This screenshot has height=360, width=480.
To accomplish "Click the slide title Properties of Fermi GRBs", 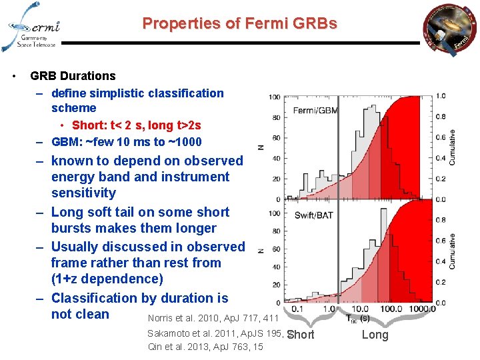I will [x=240, y=24].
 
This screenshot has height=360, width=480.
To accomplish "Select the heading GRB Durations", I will [x=73, y=76].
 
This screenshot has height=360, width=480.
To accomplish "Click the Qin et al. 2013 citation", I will [x=205, y=347].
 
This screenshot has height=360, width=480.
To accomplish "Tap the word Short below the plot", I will [x=301, y=335].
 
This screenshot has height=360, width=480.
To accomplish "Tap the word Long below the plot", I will [x=375, y=335].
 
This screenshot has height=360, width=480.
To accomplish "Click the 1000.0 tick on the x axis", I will [x=422, y=309].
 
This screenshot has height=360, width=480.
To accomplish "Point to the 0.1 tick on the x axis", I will [x=297, y=309].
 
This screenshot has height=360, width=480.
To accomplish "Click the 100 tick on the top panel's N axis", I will [x=274, y=97].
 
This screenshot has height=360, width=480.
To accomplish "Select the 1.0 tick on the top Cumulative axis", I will [x=441, y=96].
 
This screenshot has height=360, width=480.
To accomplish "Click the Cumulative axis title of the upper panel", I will [x=453, y=147].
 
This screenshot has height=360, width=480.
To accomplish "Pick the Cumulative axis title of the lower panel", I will [x=453, y=251].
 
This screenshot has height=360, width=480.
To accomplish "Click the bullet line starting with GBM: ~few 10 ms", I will [x=126, y=141].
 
